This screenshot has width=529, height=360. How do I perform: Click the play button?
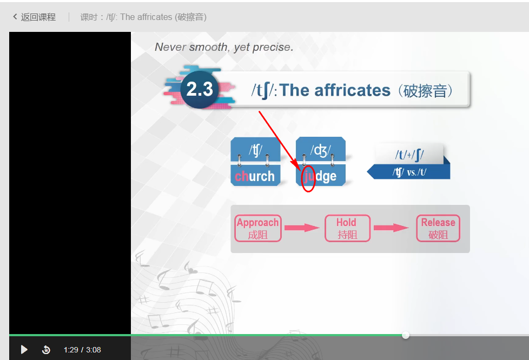(x=24, y=350)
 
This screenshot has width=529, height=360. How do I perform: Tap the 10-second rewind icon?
(x=46, y=350)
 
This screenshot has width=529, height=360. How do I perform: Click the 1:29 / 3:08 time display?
(x=82, y=350)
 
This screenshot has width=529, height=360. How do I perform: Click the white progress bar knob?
(x=406, y=335)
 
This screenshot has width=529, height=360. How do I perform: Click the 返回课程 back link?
(x=35, y=17)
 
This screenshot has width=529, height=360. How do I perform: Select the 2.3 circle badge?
(x=200, y=89)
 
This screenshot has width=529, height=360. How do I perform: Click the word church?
(x=255, y=176)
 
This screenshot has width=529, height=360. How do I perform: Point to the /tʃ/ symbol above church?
(x=255, y=150)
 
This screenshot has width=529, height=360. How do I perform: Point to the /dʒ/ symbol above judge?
(x=321, y=150)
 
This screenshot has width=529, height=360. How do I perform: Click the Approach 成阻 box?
(x=258, y=228)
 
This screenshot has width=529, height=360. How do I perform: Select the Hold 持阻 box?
(x=347, y=228)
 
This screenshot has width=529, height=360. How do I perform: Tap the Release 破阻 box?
(x=438, y=228)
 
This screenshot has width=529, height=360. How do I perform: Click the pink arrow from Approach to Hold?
(x=302, y=228)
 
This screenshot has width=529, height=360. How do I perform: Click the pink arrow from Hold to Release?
(x=392, y=228)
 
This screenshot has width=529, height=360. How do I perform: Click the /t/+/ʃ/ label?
(x=409, y=155)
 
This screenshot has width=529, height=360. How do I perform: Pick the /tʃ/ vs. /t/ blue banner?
(x=409, y=172)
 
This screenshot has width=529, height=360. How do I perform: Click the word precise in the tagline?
(x=273, y=47)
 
